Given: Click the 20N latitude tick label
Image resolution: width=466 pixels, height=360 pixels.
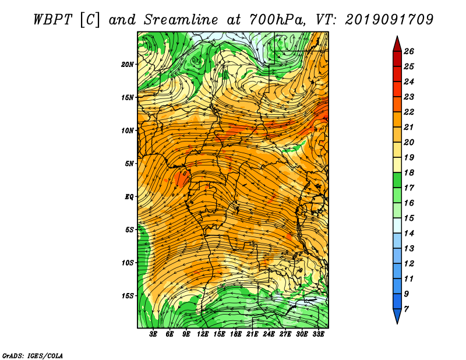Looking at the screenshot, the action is [x=128, y=65].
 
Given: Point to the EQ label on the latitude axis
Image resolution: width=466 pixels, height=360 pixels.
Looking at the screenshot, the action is [x=129, y=197].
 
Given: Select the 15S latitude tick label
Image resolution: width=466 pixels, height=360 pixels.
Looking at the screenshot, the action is [x=128, y=296].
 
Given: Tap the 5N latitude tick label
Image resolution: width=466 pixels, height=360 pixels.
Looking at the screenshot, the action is [x=129, y=164].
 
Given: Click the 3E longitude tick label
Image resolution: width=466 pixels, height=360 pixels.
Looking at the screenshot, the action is [x=153, y=334].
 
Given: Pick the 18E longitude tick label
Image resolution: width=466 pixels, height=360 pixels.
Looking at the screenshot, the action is [x=236, y=334].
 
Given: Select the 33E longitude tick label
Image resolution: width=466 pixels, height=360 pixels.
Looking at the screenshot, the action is [x=318, y=334].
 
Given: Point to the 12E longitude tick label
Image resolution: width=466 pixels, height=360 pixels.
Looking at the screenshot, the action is [x=203, y=334].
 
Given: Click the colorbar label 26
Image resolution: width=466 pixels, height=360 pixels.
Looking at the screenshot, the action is [x=409, y=51].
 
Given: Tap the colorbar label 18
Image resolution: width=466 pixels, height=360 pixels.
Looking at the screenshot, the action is [x=409, y=172].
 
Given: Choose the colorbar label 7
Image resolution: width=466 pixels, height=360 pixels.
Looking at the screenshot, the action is [x=406, y=309].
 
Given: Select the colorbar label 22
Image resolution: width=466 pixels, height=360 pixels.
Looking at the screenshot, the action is [x=409, y=112].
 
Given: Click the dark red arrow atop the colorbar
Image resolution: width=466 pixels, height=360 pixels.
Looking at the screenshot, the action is [x=397, y=45].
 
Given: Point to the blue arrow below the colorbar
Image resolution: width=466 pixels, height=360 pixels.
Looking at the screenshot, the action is [x=397, y=315].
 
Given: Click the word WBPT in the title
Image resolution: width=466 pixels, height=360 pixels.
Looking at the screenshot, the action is [x=53, y=20].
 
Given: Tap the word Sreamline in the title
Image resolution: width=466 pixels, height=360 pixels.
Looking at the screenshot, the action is [x=181, y=20].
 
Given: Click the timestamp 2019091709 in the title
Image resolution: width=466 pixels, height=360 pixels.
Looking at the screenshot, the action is [x=389, y=20].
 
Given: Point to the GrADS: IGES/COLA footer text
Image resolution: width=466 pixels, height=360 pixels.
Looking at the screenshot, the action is [x=33, y=356].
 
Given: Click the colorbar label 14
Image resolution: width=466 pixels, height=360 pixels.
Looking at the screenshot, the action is [x=409, y=234].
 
